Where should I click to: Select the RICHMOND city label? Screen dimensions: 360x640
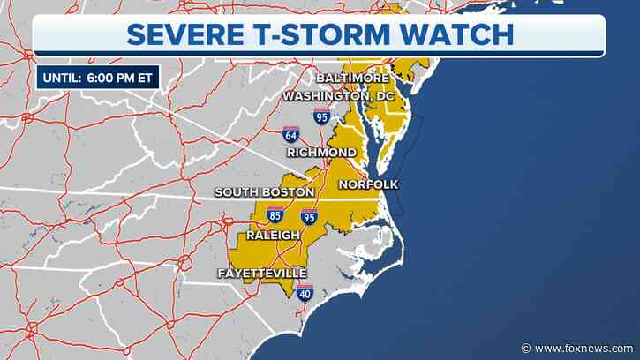pyautogui.click(x=321, y=153)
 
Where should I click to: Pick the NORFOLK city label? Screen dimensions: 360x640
pyautogui.click(x=368, y=184)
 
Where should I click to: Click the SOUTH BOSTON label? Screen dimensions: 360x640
pyautogui.click(x=265, y=191)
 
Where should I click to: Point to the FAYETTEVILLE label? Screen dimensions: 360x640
pyautogui.click(x=262, y=274)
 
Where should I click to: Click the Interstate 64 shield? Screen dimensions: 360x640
pyautogui.click(x=290, y=135)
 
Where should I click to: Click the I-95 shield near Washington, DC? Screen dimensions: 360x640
pyautogui.click(x=324, y=116)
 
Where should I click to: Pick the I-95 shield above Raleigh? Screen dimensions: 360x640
pyautogui.click(x=309, y=215)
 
